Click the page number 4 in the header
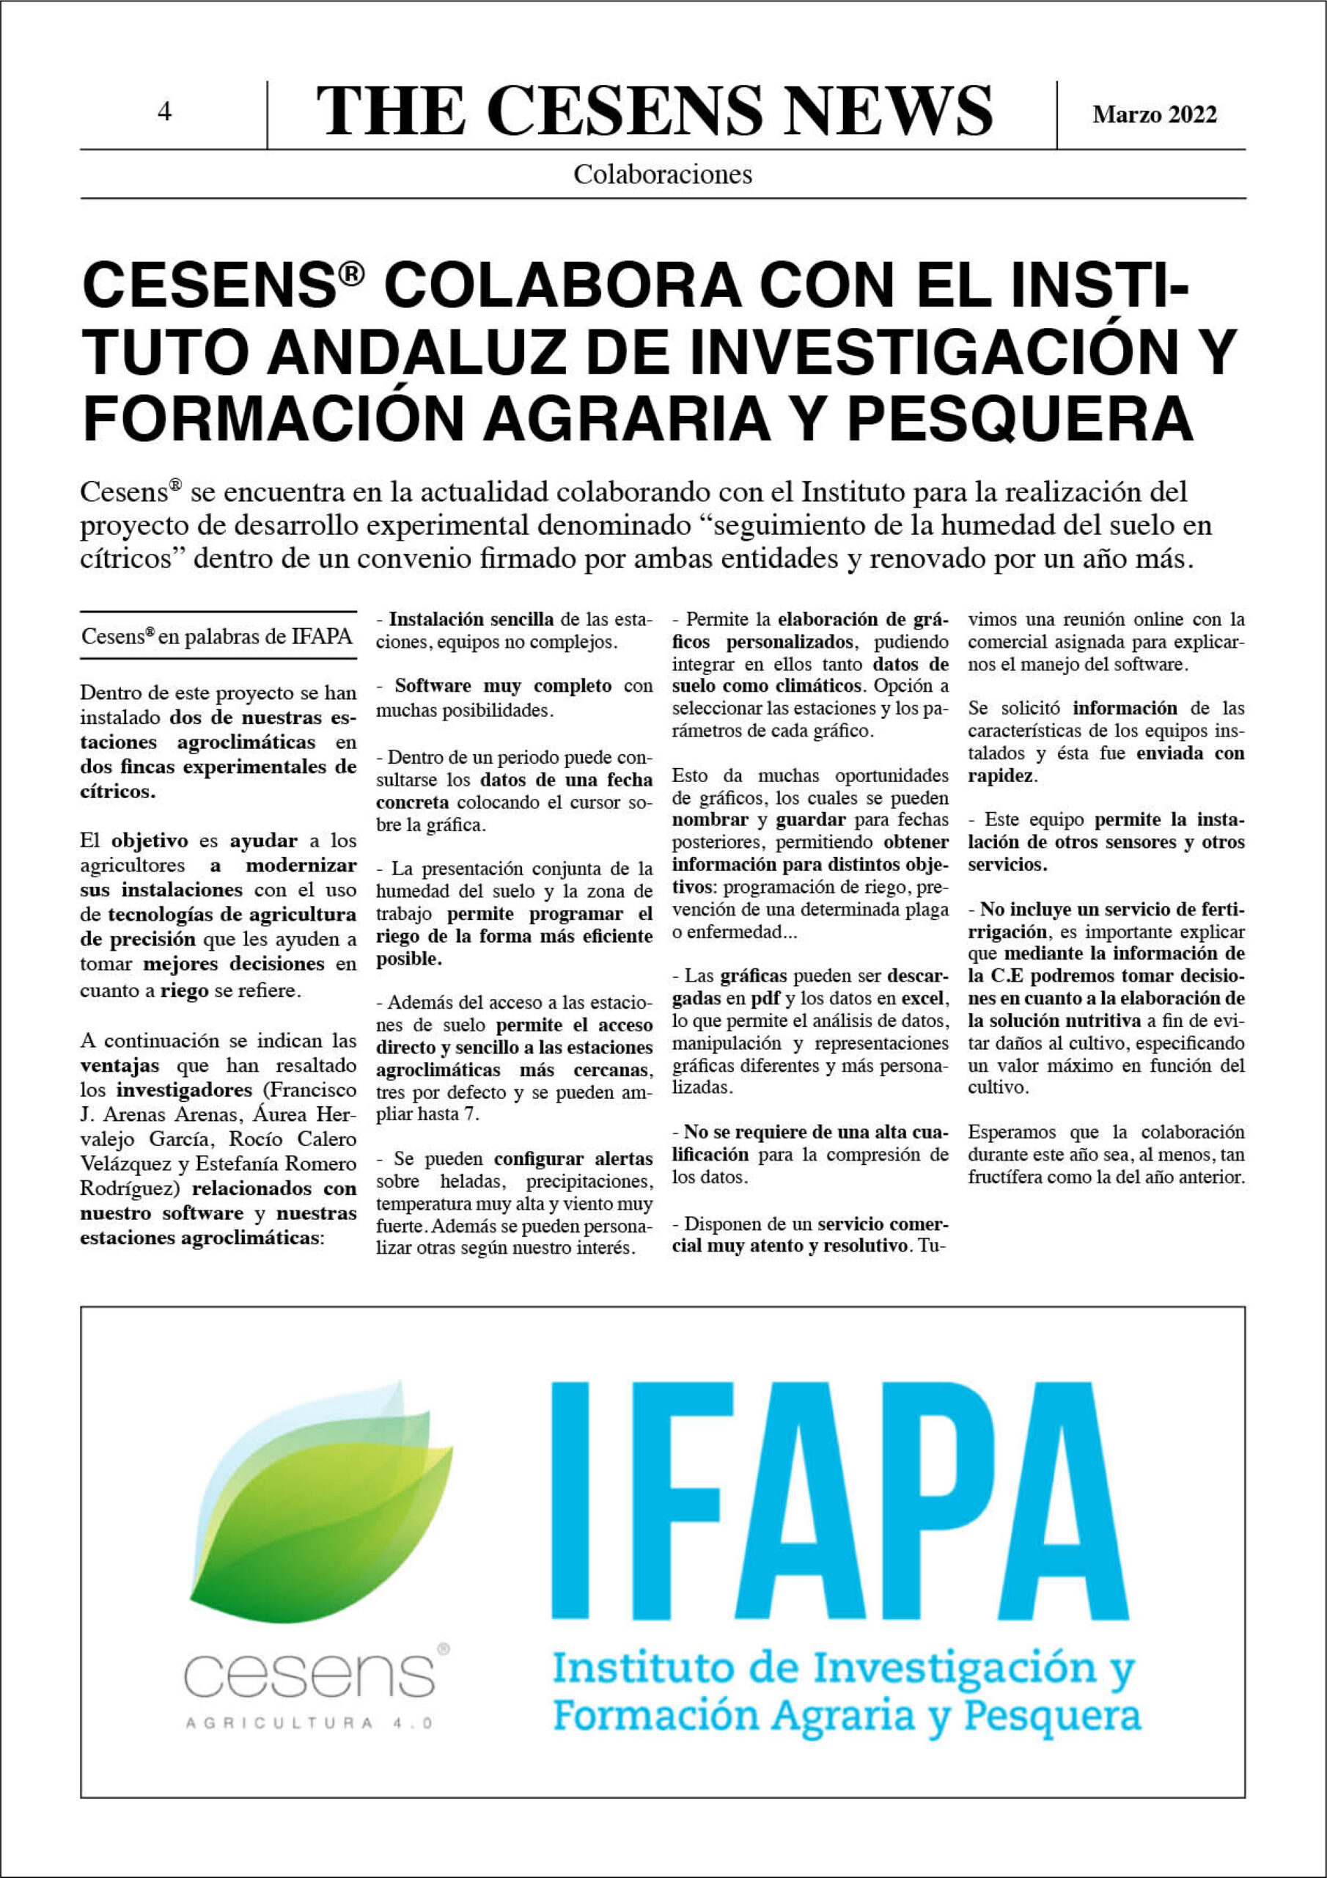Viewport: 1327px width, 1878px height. pyautogui.click(x=164, y=112)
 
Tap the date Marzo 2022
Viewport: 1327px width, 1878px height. pyautogui.click(x=1154, y=114)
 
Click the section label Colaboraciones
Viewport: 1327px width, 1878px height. pyautogui.click(x=662, y=174)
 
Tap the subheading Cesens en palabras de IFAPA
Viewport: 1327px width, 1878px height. pyautogui.click(x=217, y=635)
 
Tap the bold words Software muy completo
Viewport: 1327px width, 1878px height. pyautogui.click(x=503, y=685)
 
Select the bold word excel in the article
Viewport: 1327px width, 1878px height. pyautogui.click(x=922, y=998)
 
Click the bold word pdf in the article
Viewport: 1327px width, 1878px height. pyautogui.click(x=765, y=998)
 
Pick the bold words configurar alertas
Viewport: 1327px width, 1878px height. pyautogui.click(x=573, y=1158)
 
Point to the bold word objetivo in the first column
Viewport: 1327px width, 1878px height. pyautogui.click(x=150, y=840)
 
